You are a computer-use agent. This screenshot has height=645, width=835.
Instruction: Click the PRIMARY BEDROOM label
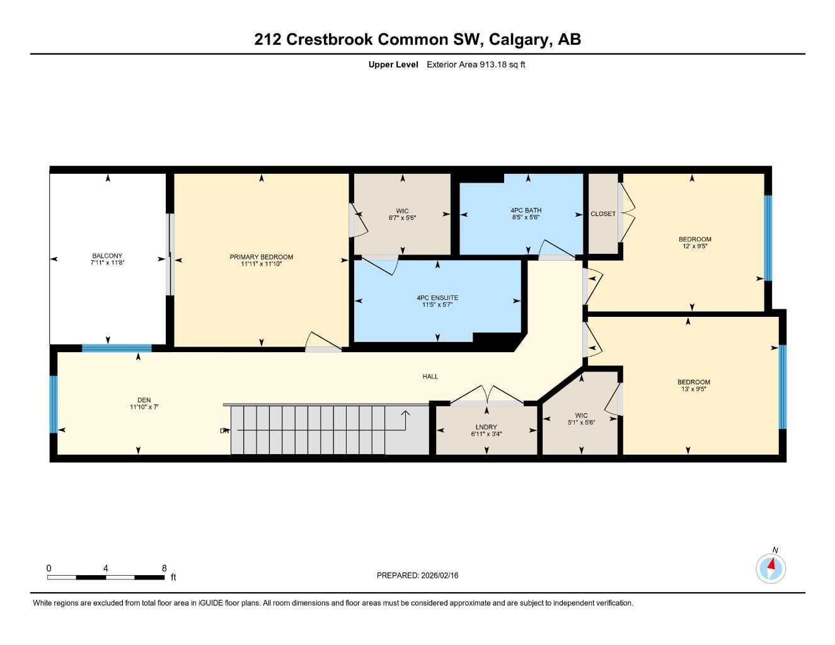point(261,256)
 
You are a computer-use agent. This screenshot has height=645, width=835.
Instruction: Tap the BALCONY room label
point(107,256)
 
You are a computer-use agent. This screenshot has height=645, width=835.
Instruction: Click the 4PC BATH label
point(526,210)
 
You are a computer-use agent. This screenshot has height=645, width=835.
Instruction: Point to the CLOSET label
point(603,214)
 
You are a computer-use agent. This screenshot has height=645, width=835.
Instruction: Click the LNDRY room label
point(486,427)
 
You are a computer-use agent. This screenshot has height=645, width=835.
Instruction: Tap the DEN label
point(144,400)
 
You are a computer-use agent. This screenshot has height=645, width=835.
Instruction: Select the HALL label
point(430,377)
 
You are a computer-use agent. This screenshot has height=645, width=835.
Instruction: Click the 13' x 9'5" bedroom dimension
point(693,389)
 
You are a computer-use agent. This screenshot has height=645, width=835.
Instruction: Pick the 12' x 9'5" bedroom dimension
point(694,246)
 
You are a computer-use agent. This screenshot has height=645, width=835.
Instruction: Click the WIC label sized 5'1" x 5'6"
point(581,415)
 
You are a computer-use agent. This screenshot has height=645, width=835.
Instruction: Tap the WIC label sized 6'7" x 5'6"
point(402,211)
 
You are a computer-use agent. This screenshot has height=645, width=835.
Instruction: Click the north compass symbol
point(771,568)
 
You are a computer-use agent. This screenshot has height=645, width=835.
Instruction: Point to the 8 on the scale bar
point(164,568)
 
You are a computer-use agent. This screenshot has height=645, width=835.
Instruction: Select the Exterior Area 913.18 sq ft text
point(476,64)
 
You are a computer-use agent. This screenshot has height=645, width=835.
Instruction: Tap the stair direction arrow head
point(405,413)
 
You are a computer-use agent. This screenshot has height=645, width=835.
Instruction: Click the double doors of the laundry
point(487,396)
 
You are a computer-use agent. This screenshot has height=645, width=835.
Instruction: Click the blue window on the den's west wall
point(54,404)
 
